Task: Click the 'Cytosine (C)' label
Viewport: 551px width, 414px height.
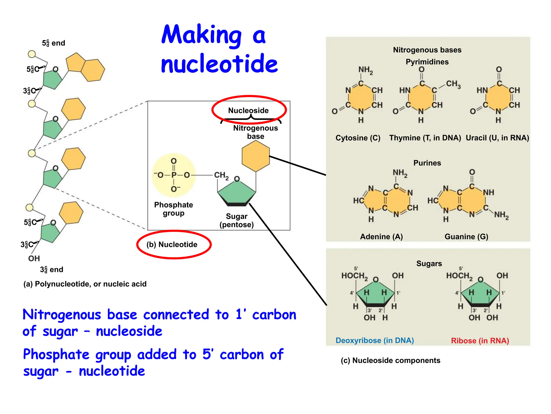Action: [x=358, y=138]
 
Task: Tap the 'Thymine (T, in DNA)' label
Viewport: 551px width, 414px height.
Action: [x=425, y=138]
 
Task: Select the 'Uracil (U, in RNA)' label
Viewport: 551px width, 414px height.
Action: [x=497, y=138]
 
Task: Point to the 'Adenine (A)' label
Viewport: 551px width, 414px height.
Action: [x=381, y=237]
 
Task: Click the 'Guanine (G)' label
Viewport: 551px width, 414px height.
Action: [x=466, y=237]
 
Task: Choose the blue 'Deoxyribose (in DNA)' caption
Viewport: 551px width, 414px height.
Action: [x=375, y=340]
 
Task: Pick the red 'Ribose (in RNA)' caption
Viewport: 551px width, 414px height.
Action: [x=480, y=341]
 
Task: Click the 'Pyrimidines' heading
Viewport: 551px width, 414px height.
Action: [x=427, y=62]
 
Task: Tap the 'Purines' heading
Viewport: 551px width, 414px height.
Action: [x=427, y=163]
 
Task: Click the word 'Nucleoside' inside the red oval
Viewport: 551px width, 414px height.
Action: [x=248, y=111]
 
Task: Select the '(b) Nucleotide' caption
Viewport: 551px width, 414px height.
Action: [x=172, y=244]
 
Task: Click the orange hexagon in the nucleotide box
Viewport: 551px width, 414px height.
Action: [x=256, y=156]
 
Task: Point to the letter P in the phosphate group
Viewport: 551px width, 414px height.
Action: [x=174, y=175]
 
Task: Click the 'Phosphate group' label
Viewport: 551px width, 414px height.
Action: [x=174, y=209]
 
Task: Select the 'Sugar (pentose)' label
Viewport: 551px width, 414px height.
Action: [x=236, y=220]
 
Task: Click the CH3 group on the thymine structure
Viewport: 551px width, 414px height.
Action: [x=453, y=84]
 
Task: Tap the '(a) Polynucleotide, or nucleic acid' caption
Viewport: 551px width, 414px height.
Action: [x=85, y=284]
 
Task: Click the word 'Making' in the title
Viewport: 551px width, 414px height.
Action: [x=202, y=35]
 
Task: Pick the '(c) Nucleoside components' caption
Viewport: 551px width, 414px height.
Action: [x=390, y=360]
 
